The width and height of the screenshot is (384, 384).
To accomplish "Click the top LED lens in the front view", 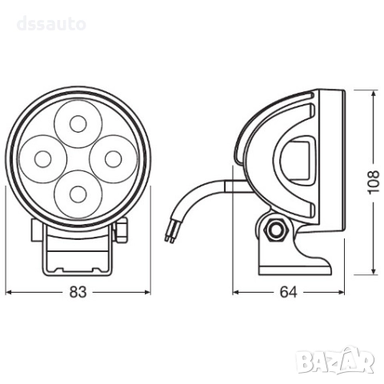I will point(78,123).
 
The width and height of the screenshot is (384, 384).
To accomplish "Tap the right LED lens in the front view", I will point(113,158).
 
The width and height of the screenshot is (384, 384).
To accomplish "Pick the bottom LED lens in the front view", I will point(78,193).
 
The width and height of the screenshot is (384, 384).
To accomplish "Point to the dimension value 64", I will point(289,293).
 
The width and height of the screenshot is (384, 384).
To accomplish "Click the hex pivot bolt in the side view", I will point(277,230).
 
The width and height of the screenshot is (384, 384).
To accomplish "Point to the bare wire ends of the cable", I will point(169,231).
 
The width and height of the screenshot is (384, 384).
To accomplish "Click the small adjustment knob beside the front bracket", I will point(122,231).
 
